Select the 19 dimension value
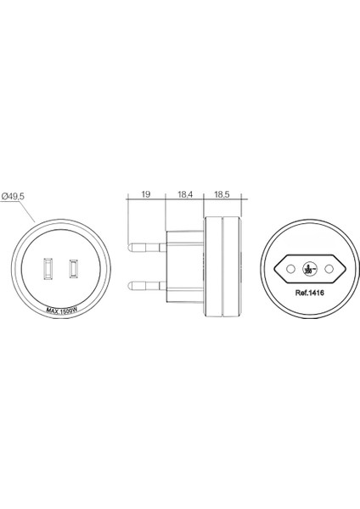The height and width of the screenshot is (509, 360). (146, 196)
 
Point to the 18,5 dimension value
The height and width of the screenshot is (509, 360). (225, 196)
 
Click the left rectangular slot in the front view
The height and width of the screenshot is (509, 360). (48, 270)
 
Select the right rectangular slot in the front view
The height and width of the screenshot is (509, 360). (75, 270)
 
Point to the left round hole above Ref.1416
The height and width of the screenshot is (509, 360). (290, 268)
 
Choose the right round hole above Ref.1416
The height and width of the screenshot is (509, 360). (328, 268)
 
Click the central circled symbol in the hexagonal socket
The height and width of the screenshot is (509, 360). (309, 270)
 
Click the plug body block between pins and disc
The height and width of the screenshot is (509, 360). (185, 265)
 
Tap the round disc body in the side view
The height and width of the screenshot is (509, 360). (224, 265)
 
